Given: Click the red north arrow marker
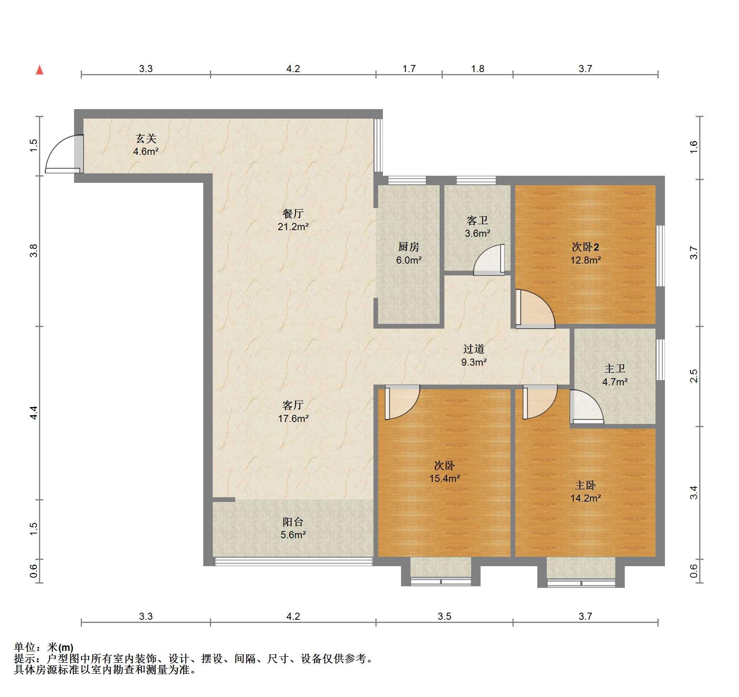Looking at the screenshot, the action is (x=39, y=70).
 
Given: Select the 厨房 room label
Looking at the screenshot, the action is (x=408, y=247).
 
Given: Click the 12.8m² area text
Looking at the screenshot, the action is (x=585, y=260).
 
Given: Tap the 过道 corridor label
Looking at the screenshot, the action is (x=473, y=349).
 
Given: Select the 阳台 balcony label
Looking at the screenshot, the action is (x=293, y=522).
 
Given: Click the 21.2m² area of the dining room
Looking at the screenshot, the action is (x=293, y=227).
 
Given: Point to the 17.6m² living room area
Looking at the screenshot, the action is (x=293, y=418).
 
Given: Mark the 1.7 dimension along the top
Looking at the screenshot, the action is (x=409, y=69).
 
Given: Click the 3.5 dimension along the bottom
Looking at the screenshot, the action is (x=444, y=616).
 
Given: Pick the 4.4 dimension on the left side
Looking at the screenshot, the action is (x=34, y=413).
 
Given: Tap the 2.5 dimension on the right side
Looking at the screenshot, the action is (x=694, y=376).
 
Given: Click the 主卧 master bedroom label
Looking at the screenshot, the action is (x=585, y=485).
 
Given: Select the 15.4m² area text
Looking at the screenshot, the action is (x=445, y=478).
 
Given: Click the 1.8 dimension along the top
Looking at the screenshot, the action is (x=477, y=69).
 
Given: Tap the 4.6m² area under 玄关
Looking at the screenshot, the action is (x=146, y=151).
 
